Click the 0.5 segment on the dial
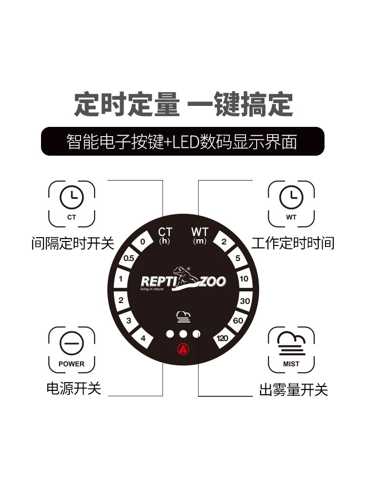128,258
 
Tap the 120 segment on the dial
223,338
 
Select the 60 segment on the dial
238,321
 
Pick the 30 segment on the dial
244,301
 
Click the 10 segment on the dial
244,279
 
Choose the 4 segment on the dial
143,338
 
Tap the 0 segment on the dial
143,242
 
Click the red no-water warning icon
183,349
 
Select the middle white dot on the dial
183,334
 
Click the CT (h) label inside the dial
165,236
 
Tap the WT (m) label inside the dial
200,236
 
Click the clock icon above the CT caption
72,197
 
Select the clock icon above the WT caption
291,197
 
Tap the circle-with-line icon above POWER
72,343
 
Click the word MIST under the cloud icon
291,364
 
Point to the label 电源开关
74,389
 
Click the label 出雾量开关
293,389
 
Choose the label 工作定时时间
293,243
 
